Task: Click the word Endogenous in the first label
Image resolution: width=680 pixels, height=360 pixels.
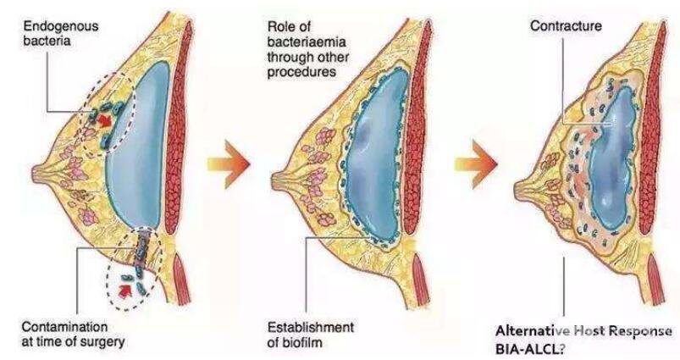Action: tap(61, 26)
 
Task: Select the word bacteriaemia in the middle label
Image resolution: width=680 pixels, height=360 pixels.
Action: tap(307, 42)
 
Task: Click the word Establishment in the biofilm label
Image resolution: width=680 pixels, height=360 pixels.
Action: tap(311, 327)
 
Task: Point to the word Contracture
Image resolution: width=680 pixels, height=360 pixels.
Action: tap(566, 26)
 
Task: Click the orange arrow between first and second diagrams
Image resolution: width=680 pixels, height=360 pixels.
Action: tap(229, 164)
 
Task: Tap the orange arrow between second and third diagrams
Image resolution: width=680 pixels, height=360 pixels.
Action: tap(475, 164)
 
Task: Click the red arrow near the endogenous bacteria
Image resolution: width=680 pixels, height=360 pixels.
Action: tap(103, 120)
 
